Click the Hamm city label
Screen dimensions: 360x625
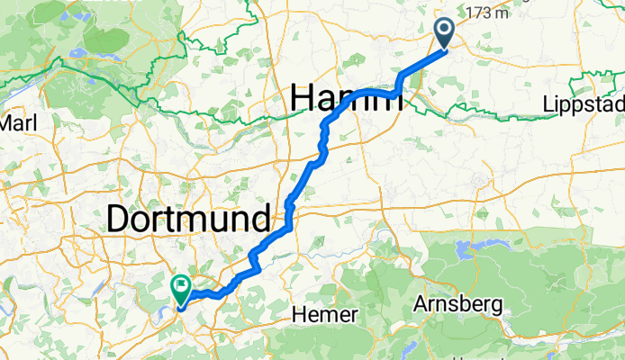click(x=347, y=98)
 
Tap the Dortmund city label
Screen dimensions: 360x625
click(x=188, y=219)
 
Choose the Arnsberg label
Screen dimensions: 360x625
click(x=458, y=304)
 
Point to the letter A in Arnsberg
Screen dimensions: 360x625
click(x=421, y=304)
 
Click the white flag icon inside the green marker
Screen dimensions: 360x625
click(x=181, y=288)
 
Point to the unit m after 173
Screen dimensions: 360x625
click(x=507, y=13)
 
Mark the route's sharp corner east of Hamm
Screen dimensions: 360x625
click(x=397, y=92)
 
